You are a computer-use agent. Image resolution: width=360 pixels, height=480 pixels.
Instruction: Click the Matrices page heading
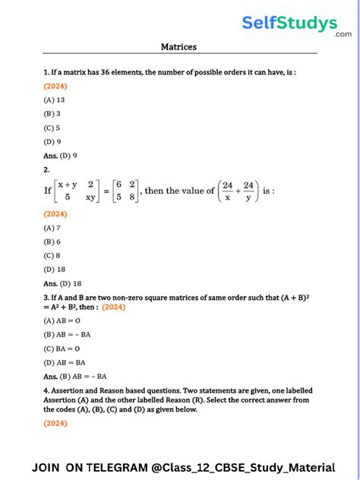[x=178, y=47]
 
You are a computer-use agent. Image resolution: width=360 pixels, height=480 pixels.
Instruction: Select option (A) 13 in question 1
[x=55, y=99]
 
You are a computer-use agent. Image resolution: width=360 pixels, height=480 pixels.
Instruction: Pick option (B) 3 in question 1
[x=52, y=113]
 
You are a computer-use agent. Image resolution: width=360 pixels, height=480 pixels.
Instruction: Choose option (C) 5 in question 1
[x=52, y=128]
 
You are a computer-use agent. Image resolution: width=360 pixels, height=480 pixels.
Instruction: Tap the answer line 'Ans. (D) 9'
[x=61, y=155]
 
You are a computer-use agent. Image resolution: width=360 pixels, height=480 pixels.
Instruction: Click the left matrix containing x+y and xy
[x=76, y=191]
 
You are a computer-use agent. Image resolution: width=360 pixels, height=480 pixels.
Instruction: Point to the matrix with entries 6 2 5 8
[x=123, y=191]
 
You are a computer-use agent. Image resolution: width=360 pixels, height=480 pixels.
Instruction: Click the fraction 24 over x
[x=227, y=191]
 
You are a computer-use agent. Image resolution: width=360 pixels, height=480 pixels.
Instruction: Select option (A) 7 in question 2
[x=52, y=227]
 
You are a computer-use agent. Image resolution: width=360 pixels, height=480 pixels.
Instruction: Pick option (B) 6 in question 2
[x=52, y=242]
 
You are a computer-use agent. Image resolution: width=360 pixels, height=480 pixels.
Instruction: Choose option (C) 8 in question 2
[x=52, y=255]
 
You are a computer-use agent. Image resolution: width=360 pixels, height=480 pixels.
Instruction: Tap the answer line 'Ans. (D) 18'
[x=62, y=283]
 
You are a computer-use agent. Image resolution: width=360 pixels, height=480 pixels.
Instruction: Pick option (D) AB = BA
[x=65, y=362]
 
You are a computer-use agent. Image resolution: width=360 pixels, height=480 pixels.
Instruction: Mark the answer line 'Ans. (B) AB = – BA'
[x=75, y=376]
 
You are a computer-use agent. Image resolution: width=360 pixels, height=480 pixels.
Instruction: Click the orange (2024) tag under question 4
[x=55, y=422]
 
